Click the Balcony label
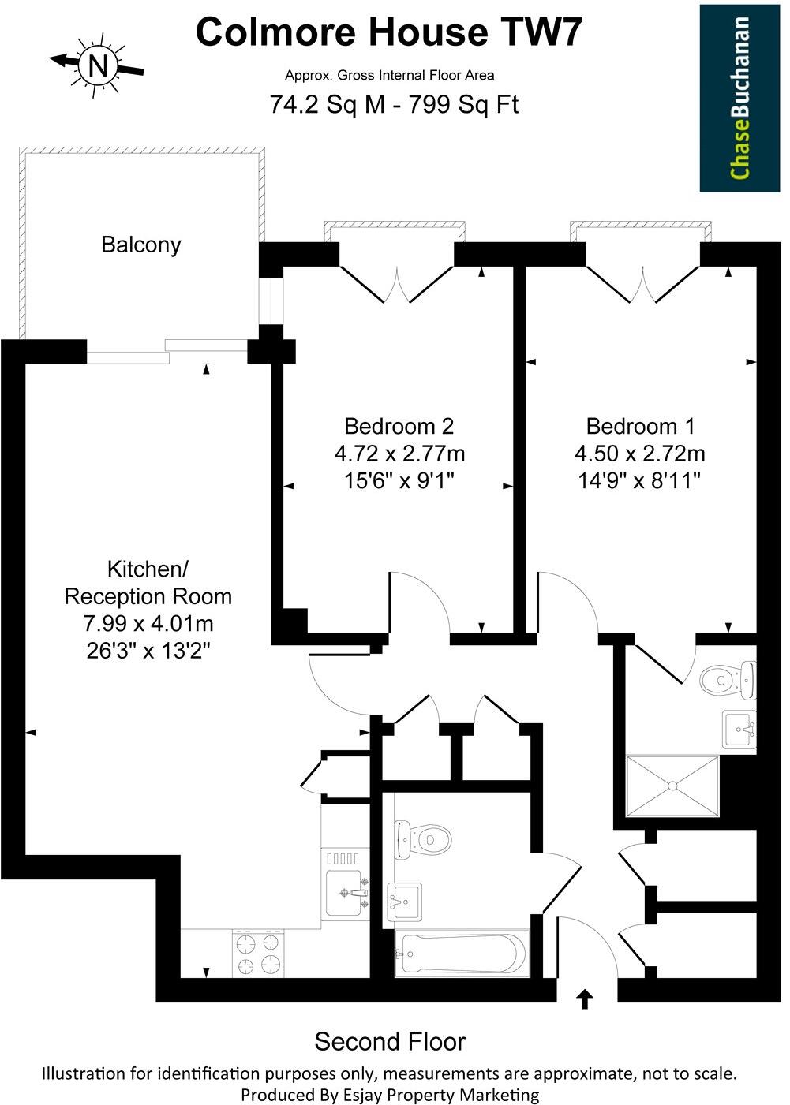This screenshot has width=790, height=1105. [141, 245]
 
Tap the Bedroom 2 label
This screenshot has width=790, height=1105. [399, 427]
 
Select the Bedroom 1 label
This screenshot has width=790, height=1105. [640, 427]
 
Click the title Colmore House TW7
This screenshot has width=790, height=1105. [390, 33]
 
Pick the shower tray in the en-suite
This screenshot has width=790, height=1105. [672, 786]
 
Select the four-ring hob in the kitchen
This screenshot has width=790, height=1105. [258, 953]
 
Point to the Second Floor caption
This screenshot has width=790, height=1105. [390, 1042]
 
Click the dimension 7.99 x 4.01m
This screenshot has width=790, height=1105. [148, 624]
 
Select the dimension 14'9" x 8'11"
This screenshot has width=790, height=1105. [639, 480]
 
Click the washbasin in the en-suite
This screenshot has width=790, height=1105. [739, 729]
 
